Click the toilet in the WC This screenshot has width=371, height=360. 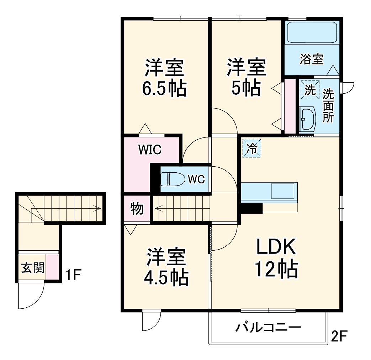click(173, 179)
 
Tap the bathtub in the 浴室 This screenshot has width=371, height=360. click(312, 32)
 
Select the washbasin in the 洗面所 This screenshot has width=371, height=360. click(307, 119)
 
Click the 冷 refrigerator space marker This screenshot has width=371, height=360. click(252, 148)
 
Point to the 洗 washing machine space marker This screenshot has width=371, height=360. click(310, 90)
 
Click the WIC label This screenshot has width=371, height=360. click(150, 150)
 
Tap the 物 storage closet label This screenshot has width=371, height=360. click(137, 209)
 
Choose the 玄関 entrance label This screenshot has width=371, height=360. click(33, 268)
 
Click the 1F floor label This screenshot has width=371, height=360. click(73, 275)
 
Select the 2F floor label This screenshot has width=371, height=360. click(339, 336)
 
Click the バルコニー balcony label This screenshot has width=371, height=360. click(268, 328)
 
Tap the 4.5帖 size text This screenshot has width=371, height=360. click(166, 277)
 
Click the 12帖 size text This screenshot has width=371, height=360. click(276, 269)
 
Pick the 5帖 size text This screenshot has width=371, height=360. click(246, 88)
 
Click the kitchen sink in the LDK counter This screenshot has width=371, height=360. click(282, 191)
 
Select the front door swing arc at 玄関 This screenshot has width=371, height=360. click(37, 302)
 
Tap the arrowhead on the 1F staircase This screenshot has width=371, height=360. click(98, 209)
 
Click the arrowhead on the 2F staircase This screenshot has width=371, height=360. click(158, 209)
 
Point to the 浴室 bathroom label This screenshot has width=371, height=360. click(312, 59)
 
